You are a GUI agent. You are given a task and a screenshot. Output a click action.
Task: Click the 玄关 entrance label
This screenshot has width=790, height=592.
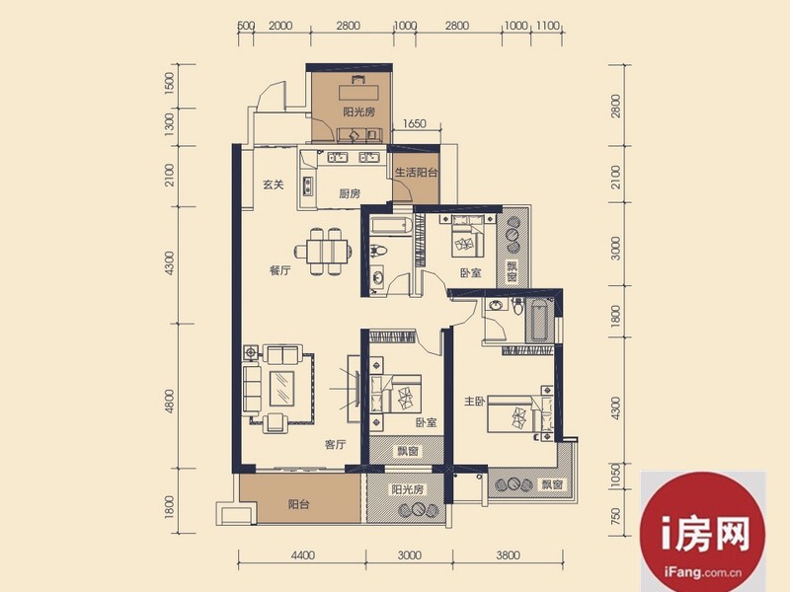tap(274, 185)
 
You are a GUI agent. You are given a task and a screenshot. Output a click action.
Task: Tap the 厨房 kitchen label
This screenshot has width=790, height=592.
tap(350, 193)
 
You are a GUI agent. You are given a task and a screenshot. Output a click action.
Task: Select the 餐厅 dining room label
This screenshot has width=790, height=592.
tap(280, 270)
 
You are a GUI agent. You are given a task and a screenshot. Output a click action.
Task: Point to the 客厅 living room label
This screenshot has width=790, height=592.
tap(335, 445)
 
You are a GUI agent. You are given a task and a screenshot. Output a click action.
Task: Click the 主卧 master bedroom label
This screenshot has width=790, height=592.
tap(475, 402)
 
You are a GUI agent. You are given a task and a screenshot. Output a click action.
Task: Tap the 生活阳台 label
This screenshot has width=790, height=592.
tap(416, 173)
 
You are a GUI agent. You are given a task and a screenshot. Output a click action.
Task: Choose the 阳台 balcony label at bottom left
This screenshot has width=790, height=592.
tap(299, 504)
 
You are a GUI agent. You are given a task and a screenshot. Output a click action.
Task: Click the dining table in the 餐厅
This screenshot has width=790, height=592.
tap(323, 251)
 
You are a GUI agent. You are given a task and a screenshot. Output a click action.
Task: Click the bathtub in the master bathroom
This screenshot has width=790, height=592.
tap(539, 319)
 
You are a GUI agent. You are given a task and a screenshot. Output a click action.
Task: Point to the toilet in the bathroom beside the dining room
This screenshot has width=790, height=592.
tap(378, 251)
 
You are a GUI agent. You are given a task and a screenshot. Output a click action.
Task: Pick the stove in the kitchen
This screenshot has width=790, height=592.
tap(307, 185)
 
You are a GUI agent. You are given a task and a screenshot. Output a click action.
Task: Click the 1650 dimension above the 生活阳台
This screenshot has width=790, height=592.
tap(415, 123)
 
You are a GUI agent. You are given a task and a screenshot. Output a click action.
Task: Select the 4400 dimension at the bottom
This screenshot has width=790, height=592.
tap(303, 555)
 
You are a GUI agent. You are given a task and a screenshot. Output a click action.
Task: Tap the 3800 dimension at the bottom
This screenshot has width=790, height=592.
tap(508, 555)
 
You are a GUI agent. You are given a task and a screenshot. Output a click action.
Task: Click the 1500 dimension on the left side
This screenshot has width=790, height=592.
tap(169, 82)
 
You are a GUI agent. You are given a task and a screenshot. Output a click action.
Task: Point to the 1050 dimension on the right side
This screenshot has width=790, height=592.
tap(615, 476)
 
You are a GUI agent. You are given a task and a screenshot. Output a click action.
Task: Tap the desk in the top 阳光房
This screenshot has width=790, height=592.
tap(358, 93)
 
